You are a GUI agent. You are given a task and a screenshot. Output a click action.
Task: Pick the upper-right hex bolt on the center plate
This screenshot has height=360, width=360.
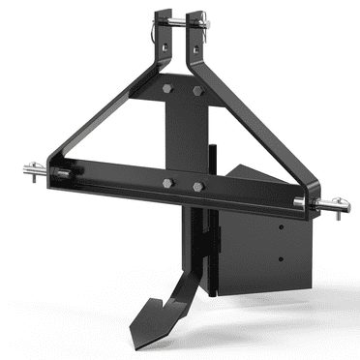[x=198, y=92]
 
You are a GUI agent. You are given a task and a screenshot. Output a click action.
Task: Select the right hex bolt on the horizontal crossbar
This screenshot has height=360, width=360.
[x=197, y=186]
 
